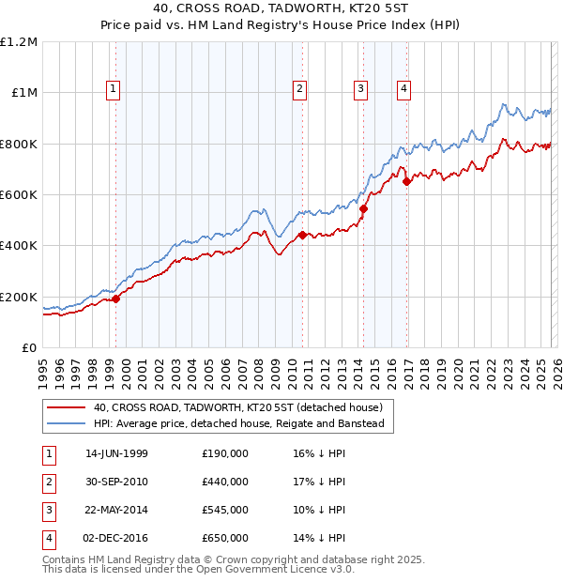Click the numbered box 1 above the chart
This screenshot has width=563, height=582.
113,89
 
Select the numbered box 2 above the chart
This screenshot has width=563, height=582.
299,89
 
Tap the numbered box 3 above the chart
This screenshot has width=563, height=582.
360,89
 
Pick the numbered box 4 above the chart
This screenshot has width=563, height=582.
403,89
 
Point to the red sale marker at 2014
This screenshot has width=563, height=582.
363,209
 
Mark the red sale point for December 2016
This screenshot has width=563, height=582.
406,182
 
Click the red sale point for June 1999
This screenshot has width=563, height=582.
116,299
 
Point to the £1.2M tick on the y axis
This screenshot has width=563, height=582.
19,42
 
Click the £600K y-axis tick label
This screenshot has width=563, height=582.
19,195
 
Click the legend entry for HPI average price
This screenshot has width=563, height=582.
239,424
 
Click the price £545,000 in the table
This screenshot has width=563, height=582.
224,510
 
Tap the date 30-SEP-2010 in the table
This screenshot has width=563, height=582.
116,482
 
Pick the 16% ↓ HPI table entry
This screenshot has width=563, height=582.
319,453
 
